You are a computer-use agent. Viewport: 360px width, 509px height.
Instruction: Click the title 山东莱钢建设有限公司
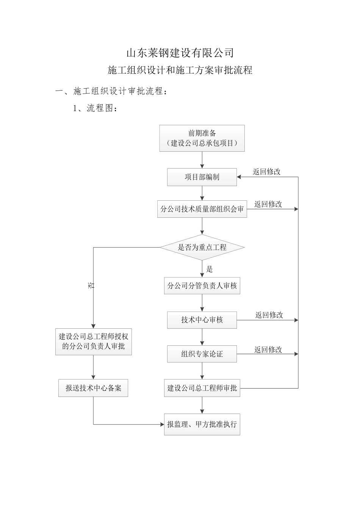[x=180, y=53]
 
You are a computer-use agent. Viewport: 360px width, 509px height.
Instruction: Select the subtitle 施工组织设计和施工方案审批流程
[x=180, y=70]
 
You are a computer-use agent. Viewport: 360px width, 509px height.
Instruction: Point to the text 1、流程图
[x=95, y=108]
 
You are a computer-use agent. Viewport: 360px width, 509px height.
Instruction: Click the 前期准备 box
[x=202, y=138]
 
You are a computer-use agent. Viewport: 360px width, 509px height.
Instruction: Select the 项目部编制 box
[x=202, y=177]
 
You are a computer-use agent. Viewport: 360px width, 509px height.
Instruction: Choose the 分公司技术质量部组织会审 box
[x=202, y=209]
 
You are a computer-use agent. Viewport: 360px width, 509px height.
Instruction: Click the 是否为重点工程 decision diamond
[x=202, y=248]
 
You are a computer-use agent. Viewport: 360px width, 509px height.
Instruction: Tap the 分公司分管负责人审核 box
[x=202, y=286]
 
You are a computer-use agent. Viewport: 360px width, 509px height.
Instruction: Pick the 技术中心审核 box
[x=202, y=320]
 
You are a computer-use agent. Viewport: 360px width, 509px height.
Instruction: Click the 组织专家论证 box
[x=202, y=354]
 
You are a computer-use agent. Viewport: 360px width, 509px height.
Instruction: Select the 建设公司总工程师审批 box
[x=202, y=388]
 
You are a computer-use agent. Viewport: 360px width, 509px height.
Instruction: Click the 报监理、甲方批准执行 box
[x=202, y=424]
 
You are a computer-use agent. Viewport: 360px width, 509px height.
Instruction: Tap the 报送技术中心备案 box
[x=93, y=388]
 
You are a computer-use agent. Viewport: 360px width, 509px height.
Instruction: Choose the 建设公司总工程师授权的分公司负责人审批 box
[x=93, y=341]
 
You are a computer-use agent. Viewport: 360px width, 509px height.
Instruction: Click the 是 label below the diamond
[x=210, y=269]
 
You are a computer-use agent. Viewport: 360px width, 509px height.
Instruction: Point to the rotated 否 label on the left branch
[x=91, y=285]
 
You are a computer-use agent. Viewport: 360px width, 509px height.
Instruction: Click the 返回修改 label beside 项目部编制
[x=267, y=172]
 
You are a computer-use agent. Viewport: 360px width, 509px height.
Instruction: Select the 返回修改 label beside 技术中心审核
[x=269, y=315]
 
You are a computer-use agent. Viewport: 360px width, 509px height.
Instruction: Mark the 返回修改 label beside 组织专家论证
[x=268, y=350]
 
